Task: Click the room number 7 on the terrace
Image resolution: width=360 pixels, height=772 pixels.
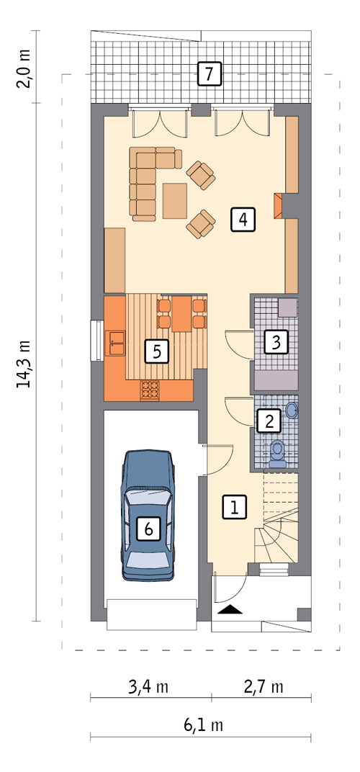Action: (x=209, y=74)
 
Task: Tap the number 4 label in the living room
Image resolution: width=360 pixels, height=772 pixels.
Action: (x=243, y=219)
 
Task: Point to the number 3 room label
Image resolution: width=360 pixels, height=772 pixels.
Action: (x=276, y=341)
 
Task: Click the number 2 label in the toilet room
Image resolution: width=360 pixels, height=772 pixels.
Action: (x=269, y=421)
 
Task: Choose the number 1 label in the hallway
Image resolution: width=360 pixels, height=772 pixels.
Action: (x=235, y=507)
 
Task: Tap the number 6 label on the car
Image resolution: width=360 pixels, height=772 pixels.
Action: (x=149, y=529)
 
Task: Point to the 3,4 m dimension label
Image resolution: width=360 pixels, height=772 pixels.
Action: (x=148, y=687)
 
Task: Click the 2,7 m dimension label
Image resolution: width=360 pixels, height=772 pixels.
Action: (x=264, y=687)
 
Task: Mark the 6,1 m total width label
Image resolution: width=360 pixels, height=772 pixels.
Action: (x=203, y=724)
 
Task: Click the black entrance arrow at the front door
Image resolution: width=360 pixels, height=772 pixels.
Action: (x=230, y=609)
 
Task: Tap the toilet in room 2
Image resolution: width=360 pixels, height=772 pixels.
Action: (x=278, y=454)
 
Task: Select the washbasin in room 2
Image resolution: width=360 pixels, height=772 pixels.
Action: (x=291, y=410)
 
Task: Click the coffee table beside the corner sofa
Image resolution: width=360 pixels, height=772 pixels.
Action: (x=175, y=200)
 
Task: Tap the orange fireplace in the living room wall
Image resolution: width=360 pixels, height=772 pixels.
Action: (x=279, y=205)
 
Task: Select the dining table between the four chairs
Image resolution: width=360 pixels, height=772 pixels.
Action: (x=181, y=313)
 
